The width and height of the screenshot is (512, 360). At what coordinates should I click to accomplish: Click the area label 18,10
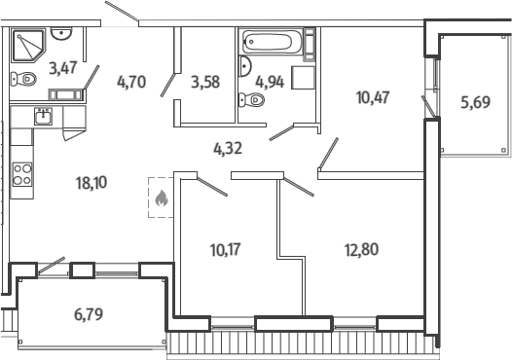click(91, 183)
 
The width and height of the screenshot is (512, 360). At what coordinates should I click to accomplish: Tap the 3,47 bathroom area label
click(63, 68)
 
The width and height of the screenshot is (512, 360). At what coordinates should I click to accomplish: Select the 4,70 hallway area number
click(131, 82)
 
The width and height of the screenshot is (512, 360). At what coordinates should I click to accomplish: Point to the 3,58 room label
click(205, 82)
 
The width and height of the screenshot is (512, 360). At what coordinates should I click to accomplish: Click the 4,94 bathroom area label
click(270, 82)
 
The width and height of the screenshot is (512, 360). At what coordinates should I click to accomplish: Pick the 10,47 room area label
click(373, 97)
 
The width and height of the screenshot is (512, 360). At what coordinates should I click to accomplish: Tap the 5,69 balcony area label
click(475, 102)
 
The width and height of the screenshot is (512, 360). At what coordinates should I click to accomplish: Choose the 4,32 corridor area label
click(228, 149)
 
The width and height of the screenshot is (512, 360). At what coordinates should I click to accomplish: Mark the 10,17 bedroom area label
click(226, 250)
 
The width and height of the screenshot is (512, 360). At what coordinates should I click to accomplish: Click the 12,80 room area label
click(361, 250)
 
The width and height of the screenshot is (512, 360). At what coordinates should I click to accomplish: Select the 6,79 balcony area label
click(89, 314)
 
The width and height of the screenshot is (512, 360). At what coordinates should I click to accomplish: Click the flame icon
click(162, 198)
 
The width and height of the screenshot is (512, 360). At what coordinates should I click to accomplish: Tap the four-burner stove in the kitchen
click(22, 174)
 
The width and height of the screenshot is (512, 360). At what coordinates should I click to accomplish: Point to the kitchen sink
click(44, 117)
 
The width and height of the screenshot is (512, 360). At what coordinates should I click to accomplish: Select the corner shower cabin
click(28, 46)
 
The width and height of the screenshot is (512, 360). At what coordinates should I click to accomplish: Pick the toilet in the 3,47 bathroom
click(23, 79)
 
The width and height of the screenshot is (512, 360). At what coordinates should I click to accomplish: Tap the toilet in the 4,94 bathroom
click(251, 100)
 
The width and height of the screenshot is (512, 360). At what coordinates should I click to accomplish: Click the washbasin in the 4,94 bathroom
click(245, 66)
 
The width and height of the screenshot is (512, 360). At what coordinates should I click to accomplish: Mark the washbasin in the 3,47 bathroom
click(61, 33)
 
